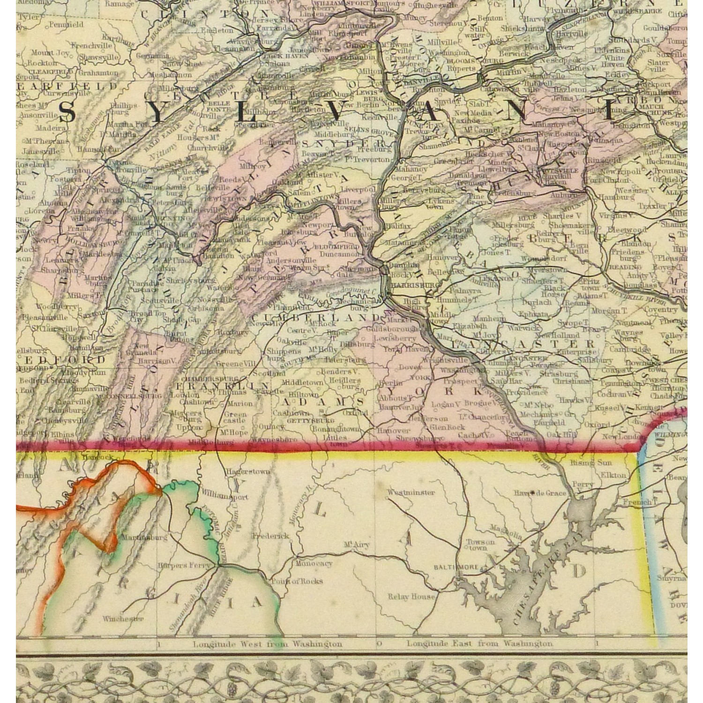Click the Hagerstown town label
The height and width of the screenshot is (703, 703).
coord(247,472)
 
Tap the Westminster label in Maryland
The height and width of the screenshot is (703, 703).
coord(411,493)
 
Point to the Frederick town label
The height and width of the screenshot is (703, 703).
coord(270,536)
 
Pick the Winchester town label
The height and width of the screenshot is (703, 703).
coord(123,619)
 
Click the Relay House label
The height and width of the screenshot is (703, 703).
coord(411,597)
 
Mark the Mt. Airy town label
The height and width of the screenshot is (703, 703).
coord(357,545)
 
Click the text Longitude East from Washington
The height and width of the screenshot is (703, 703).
coord(479,644)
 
